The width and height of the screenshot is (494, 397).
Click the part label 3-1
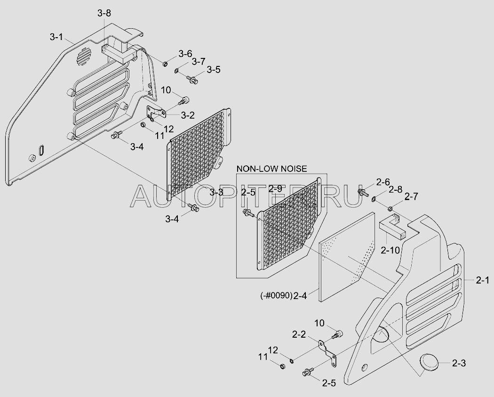click(56, 37)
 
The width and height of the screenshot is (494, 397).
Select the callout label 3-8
click(104, 13)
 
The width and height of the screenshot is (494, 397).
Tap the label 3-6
click(185, 54)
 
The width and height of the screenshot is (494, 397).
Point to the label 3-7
click(199, 61)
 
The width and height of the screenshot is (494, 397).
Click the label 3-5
click(214, 69)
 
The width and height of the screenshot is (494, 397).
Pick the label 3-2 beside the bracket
click(188, 115)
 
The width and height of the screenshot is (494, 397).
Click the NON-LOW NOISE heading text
click(271, 169)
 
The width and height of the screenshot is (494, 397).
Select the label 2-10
click(390, 250)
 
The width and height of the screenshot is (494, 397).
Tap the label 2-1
click(483, 280)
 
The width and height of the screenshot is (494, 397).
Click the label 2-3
click(459, 363)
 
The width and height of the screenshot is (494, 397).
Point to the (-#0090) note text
click(276, 296)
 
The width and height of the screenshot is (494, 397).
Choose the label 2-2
click(299, 334)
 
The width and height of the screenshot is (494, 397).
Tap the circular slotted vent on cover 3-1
click(84, 57)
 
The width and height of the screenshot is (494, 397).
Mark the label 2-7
click(411, 197)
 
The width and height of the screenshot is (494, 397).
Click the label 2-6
click(383, 182)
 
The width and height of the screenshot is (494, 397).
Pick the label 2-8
click(395, 189)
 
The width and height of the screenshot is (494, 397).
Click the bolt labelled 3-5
click(192, 80)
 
